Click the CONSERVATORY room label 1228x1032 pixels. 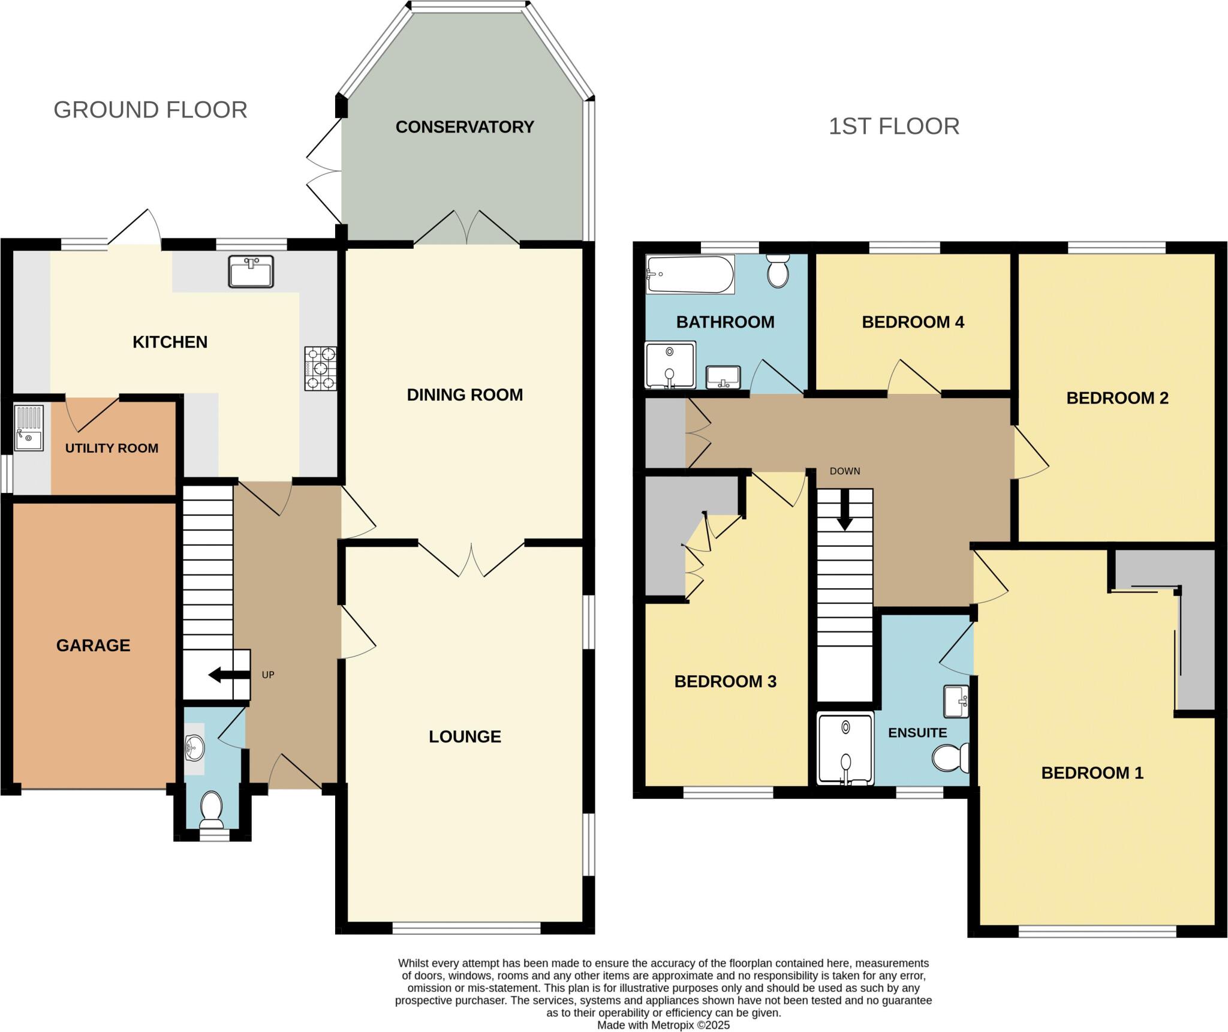click(x=464, y=127)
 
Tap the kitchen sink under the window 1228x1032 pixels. click(x=251, y=272)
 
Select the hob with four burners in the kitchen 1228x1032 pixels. click(x=320, y=369)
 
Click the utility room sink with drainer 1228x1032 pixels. click(x=29, y=428)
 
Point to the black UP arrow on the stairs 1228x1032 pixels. click(x=228, y=675)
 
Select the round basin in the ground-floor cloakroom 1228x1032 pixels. click(x=194, y=748)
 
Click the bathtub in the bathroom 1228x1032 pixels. click(x=690, y=275)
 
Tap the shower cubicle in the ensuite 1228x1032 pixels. click(x=845, y=748)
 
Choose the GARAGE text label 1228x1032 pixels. click(x=93, y=645)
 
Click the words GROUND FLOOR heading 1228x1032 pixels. click(x=150, y=110)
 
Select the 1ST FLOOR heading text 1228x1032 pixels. click(x=893, y=127)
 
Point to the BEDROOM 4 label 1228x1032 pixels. click(x=912, y=322)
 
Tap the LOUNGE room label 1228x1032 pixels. click(x=464, y=736)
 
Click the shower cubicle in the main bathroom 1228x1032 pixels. click(x=670, y=365)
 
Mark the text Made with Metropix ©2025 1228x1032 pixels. click(x=663, y=1025)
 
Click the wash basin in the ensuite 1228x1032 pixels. click(x=956, y=702)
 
